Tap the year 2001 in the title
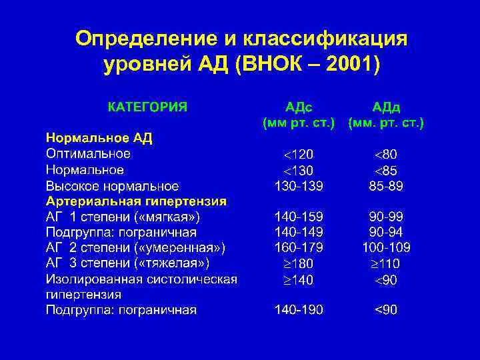[345, 65]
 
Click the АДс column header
[299, 107]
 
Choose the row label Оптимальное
[88, 153]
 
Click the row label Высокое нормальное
[112, 185]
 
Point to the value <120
[299, 154]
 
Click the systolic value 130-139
[299, 185]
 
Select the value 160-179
[299, 247]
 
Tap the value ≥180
[299, 263]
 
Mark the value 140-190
[299, 309]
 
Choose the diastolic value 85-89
[386, 185]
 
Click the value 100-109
[386, 247]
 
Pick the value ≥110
[386, 263]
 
